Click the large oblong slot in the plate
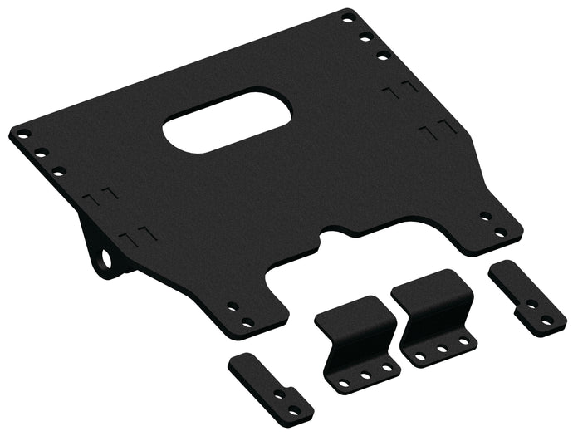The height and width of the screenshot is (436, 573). coord(227,123)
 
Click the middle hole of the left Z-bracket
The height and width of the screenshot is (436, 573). coord(365,375)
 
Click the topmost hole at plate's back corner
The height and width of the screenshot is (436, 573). coord(349,16)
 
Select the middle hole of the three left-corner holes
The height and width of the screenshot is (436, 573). coord(39,152)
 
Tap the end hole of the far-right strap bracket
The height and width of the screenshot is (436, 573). coord(546,320)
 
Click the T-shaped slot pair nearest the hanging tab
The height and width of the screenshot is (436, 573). coord(133,236)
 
